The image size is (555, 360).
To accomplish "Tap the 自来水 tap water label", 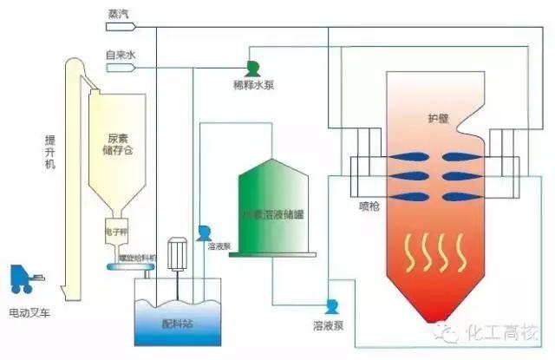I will [x=119, y=55].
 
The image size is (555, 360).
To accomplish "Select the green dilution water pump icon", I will [x=253, y=68].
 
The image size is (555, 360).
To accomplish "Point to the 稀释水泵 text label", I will [x=253, y=84].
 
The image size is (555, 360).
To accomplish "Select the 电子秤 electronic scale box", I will [x=117, y=232].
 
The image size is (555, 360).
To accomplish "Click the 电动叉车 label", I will [x=27, y=311].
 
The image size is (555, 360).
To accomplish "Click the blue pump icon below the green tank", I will [x=331, y=306].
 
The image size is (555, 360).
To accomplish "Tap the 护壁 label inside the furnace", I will [x=439, y=119].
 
